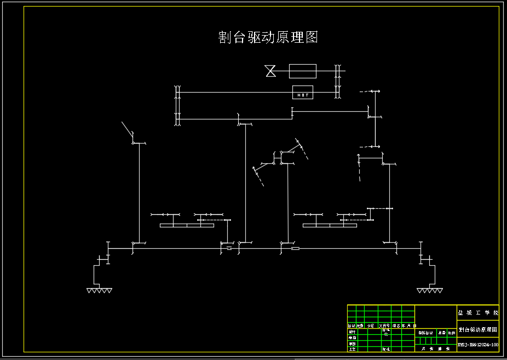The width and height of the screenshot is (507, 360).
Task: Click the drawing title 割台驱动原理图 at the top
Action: click(x=268, y=37)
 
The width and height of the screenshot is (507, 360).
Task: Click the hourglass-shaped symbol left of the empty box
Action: click(x=270, y=71)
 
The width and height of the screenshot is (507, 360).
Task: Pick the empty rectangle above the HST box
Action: click(x=303, y=71)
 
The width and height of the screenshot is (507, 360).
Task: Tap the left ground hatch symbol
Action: click(x=99, y=290)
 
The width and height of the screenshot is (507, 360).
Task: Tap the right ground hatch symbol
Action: click(x=429, y=290)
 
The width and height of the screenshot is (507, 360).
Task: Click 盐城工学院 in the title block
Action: click(x=478, y=312)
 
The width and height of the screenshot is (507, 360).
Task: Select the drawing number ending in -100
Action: click(x=478, y=345)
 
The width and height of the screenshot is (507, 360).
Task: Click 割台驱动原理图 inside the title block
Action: click(x=478, y=330)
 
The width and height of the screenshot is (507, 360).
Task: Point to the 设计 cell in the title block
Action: click(x=352, y=332)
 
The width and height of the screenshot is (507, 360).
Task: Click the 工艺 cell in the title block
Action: click(x=352, y=348)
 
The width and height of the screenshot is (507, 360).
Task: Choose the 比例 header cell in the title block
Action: click(x=452, y=332)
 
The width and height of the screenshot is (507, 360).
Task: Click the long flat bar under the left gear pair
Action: click(x=187, y=225)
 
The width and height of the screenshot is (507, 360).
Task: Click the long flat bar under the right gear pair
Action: click(x=329, y=225)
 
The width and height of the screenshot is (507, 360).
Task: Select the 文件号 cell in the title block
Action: click(x=384, y=326)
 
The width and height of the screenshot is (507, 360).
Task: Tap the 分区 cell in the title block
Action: click(x=370, y=326)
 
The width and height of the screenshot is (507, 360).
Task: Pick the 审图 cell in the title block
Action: click(x=352, y=343)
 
